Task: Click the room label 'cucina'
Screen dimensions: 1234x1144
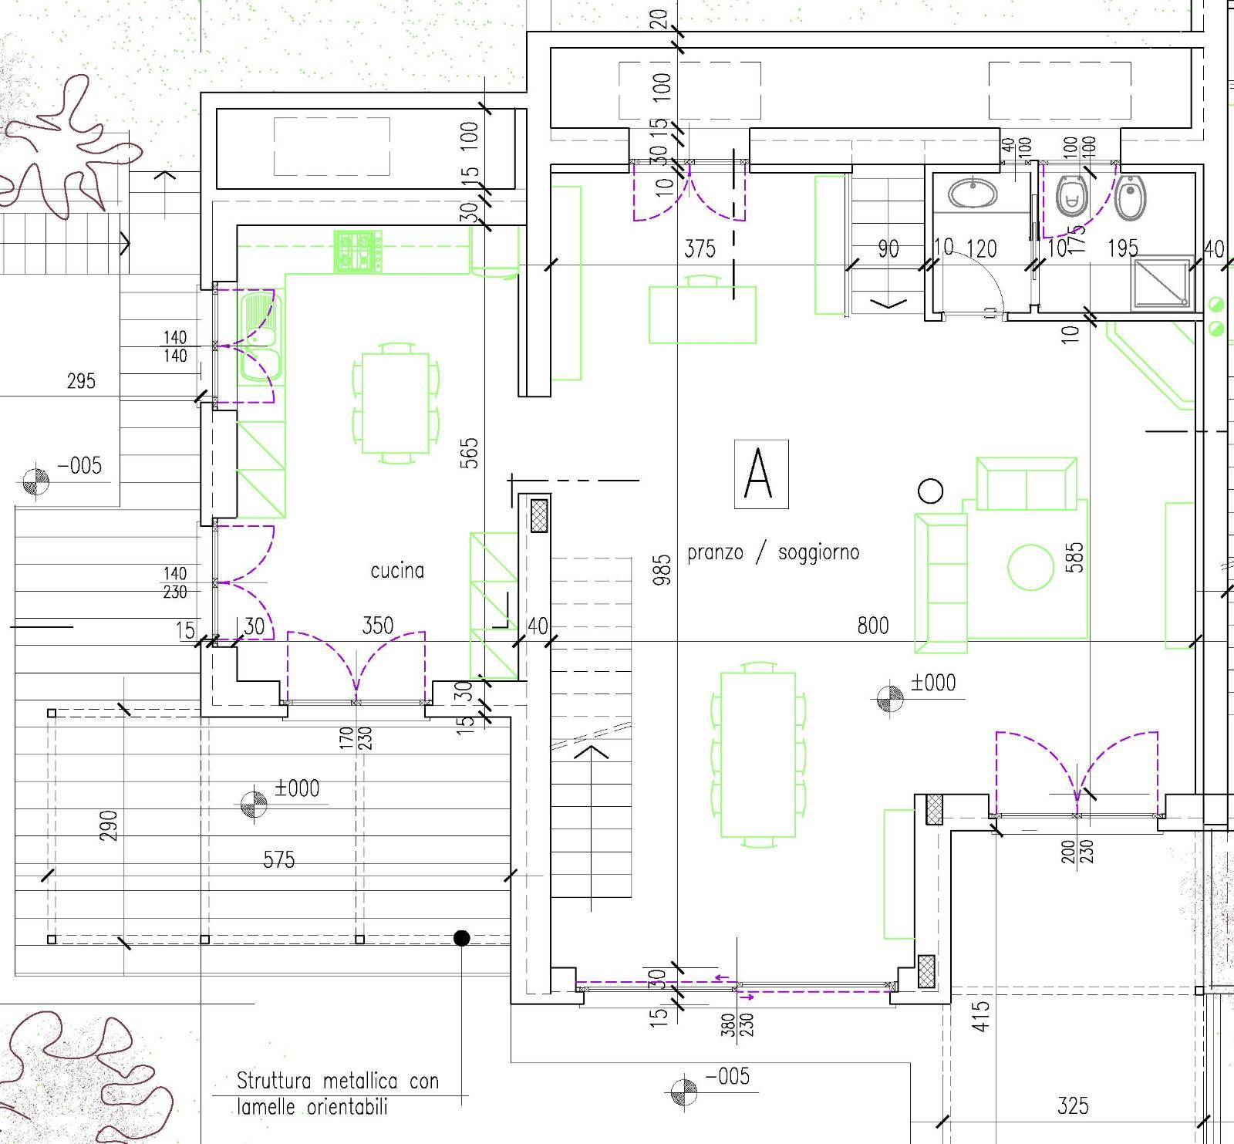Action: point(397,571)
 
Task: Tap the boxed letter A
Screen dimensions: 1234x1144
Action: point(761,474)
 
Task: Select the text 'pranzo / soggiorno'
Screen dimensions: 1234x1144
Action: point(773,552)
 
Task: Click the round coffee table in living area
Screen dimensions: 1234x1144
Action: point(1030,567)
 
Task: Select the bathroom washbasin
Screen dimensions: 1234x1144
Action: point(973,193)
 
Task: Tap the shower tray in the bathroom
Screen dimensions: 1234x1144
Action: point(1162,282)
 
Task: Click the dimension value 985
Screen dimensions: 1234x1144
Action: point(662,569)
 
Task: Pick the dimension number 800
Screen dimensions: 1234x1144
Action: point(873,625)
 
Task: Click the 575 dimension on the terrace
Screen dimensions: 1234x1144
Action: point(278,859)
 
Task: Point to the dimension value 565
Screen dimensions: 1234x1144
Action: point(469,453)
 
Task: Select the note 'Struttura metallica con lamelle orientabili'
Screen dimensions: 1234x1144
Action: point(338,1093)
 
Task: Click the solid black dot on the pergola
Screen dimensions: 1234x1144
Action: point(461,938)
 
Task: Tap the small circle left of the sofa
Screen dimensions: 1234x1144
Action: point(931,491)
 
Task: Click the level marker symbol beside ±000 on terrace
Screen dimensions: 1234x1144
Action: point(254,804)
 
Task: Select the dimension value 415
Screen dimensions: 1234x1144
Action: point(980,1016)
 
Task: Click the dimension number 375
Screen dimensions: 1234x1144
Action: point(700,248)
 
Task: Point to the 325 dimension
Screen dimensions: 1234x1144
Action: point(1073,1106)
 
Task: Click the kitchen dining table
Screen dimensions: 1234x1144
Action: point(396,403)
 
